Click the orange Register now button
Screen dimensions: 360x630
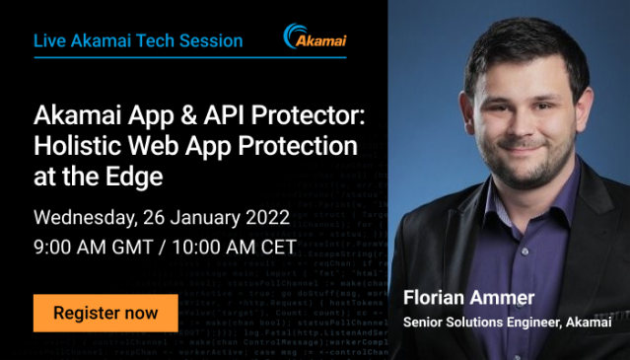[105, 314]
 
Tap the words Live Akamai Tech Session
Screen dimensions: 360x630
[138, 40]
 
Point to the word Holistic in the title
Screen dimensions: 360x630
[74, 146]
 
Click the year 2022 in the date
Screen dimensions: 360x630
[267, 216]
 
